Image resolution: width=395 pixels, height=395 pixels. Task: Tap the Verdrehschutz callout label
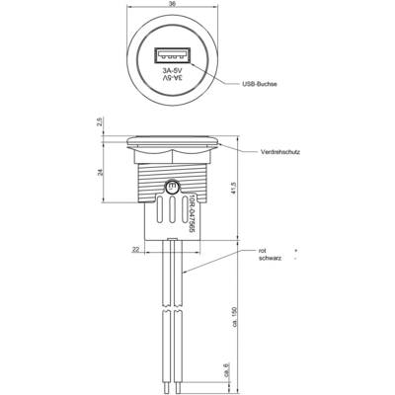280,152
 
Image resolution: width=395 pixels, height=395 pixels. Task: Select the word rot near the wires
263,251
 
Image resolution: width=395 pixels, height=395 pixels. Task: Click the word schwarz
270,259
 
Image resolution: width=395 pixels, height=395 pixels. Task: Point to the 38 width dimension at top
173,4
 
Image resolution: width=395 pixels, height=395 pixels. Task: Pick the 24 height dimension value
101,172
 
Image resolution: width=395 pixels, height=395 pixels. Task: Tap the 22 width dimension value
135,250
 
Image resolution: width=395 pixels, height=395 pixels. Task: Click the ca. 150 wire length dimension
234,317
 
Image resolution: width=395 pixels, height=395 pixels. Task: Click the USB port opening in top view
172,55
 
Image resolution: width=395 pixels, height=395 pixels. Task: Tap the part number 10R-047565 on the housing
193,214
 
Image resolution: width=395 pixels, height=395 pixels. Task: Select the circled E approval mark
172,188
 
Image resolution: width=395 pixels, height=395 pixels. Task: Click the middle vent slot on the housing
172,210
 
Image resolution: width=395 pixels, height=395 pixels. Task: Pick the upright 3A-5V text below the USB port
172,78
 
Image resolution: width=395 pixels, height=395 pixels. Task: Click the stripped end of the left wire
167,386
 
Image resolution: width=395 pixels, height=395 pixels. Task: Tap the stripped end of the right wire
178,386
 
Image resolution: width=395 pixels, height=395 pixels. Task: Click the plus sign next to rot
296,251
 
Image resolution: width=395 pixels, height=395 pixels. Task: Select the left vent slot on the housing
159,208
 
